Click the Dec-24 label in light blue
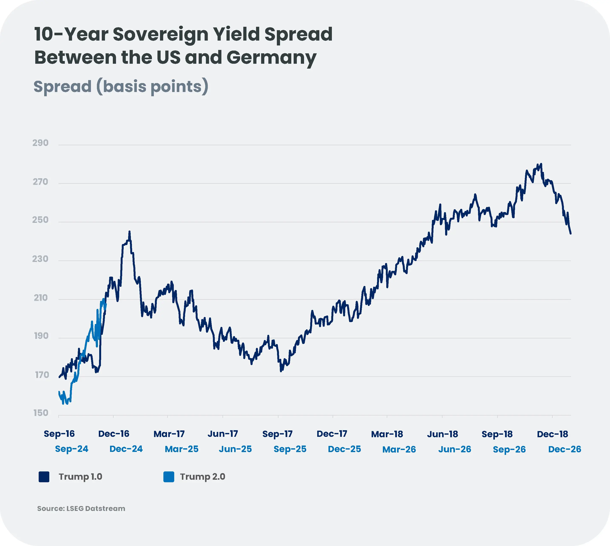pyautogui.click(x=126, y=449)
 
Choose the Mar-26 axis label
pyautogui.click(x=399, y=449)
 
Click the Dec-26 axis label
pyautogui.click(x=564, y=449)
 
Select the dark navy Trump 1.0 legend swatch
pyautogui.click(x=44, y=477)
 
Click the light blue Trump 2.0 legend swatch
pyautogui.click(x=169, y=477)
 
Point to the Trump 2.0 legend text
pyautogui.click(x=202, y=477)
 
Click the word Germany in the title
pyautogui.click(x=271, y=58)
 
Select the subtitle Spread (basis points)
pyautogui.click(x=121, y=86)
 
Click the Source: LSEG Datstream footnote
pyautogui.click(x=81, y=508)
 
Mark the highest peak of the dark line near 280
pyautogui.click(x=541, y=164)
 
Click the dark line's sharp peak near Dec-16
pyautogui.click(x=129, y=232)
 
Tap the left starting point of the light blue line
pyautogui.click(x=59, y=392)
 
